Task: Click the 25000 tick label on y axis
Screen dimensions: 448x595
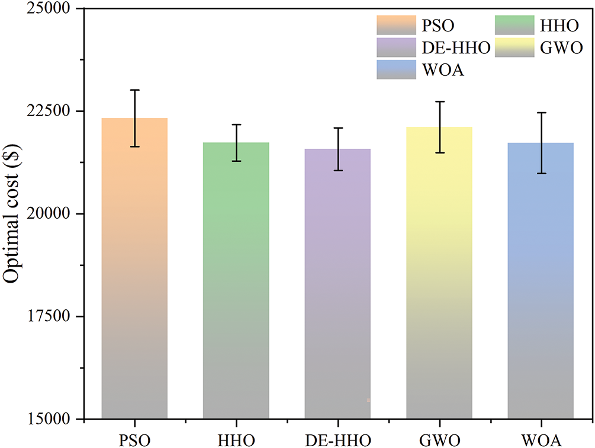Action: (x=47, y=9)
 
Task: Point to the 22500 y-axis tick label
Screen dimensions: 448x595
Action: (x=47, y=111)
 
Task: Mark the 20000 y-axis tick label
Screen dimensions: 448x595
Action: (x=47, y=214)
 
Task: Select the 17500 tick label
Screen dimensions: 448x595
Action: (x=47, y=316)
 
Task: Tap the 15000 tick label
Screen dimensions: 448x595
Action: (x=47, y=419)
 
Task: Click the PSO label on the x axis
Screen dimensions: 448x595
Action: (x=134, y=439)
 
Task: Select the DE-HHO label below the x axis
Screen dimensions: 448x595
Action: (x=337, y=439)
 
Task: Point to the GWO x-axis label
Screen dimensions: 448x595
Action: (x=439, y=439)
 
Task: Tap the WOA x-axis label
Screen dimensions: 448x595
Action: (x=541, y=439)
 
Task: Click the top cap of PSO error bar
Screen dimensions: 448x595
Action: (x=134, y=90)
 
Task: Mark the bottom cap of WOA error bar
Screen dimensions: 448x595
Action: (x=541, y=174)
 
